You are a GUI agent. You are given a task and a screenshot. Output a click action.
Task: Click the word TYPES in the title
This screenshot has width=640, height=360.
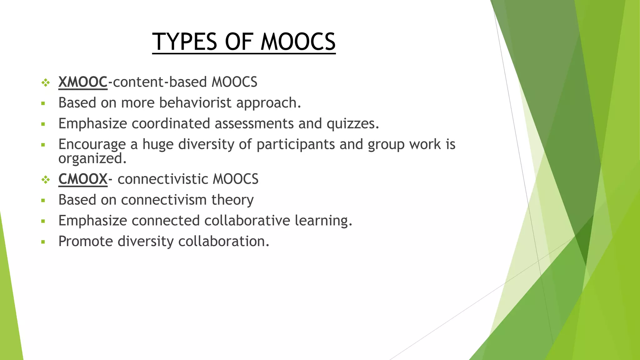[185, 42]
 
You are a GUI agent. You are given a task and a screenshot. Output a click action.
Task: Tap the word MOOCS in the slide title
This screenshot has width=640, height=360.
[298, 42]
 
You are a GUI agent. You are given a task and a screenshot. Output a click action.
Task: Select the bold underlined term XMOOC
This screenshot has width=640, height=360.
[83, 82]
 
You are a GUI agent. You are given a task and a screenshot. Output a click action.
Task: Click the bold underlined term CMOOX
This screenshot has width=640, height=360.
[83, 179]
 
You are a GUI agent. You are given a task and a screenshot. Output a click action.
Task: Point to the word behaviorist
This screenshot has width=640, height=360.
[195, 103]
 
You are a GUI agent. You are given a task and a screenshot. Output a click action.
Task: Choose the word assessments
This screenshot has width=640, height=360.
[254, 123]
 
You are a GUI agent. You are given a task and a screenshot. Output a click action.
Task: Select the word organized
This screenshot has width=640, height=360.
[92, 159]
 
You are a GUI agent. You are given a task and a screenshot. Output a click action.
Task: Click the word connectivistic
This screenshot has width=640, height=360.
[162, 179]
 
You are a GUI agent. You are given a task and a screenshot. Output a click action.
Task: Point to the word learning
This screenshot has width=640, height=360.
[323, 221]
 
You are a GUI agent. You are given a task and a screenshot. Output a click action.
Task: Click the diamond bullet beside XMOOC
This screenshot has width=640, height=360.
[46, 83]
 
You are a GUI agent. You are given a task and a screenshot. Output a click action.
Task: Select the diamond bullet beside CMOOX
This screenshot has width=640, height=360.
[46, 180]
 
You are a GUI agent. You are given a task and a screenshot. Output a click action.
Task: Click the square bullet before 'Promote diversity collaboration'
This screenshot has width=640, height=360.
[43, 242]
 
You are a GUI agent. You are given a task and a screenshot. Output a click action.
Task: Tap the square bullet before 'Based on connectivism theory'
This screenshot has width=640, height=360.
[43, 200]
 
